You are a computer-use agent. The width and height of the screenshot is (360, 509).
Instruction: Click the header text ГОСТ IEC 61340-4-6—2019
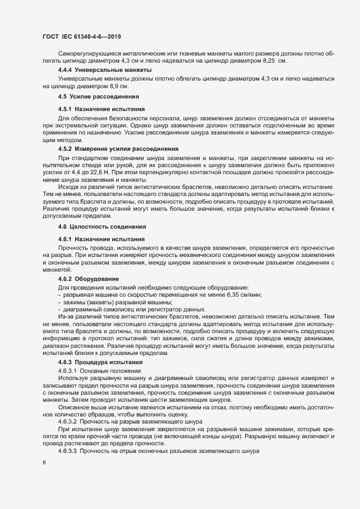coord(81,37)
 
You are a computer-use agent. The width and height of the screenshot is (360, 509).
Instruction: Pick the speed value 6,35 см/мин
coord(243,295)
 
